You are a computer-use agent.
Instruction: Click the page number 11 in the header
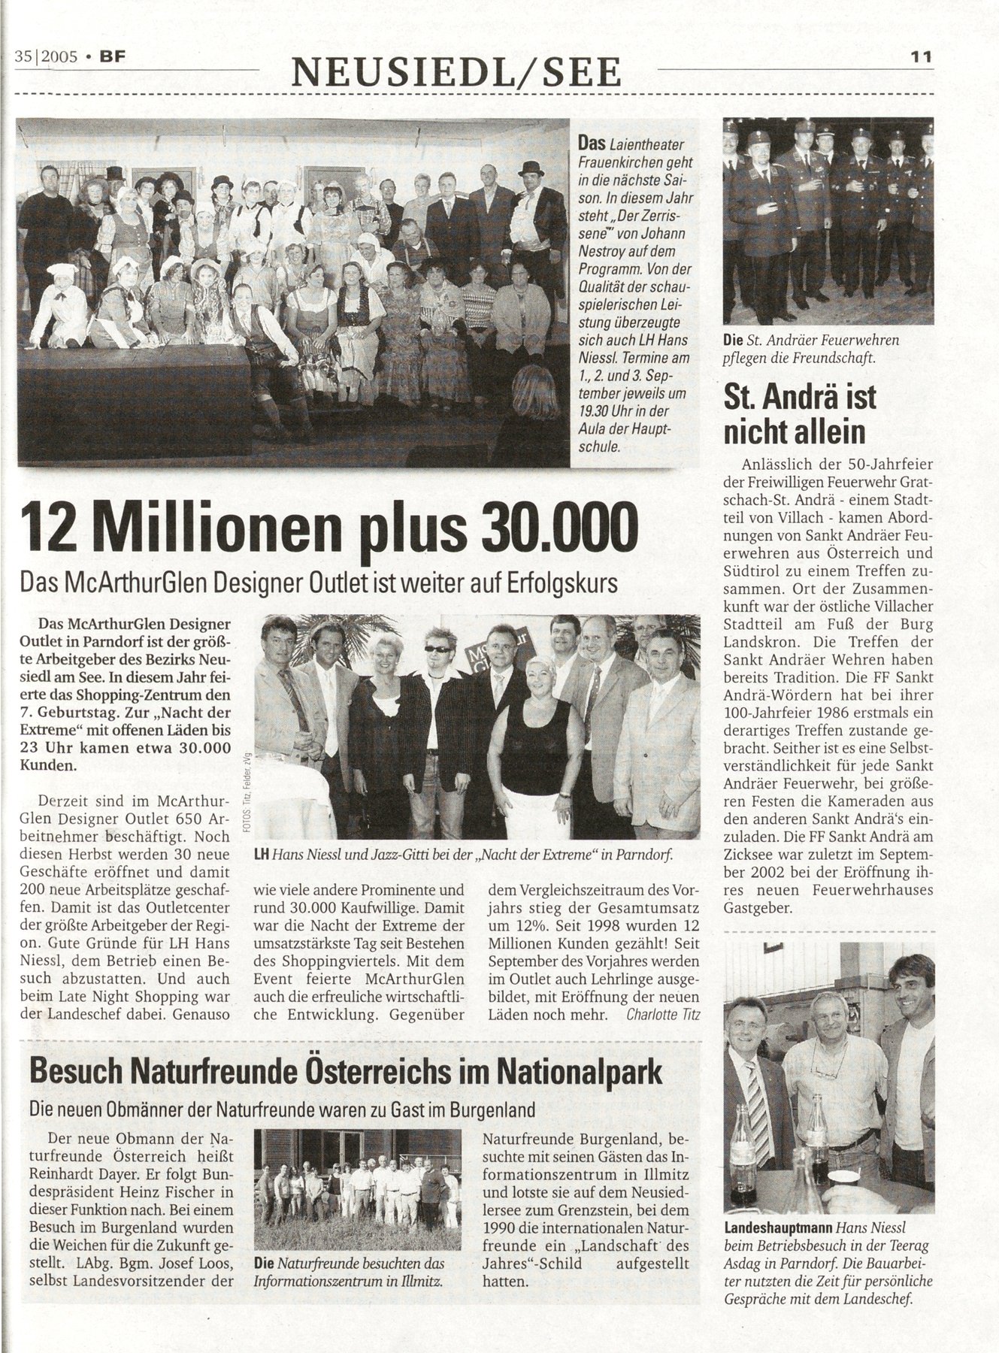click(921, 56)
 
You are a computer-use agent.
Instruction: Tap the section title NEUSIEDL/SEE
click(457, 72)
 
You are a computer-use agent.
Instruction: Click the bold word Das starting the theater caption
click(591, 141)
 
